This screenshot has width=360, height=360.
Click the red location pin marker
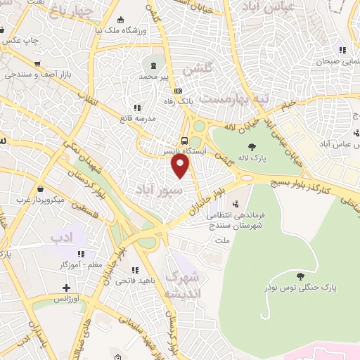pyautogui.click(x=181, y=167)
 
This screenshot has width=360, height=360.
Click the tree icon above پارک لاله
pyautogui.click(x=252, y=146)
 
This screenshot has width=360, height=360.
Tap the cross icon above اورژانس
pyautogui.click(x=66, y=288)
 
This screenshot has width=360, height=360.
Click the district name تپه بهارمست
pyautogui.click(x=233, y=98)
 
